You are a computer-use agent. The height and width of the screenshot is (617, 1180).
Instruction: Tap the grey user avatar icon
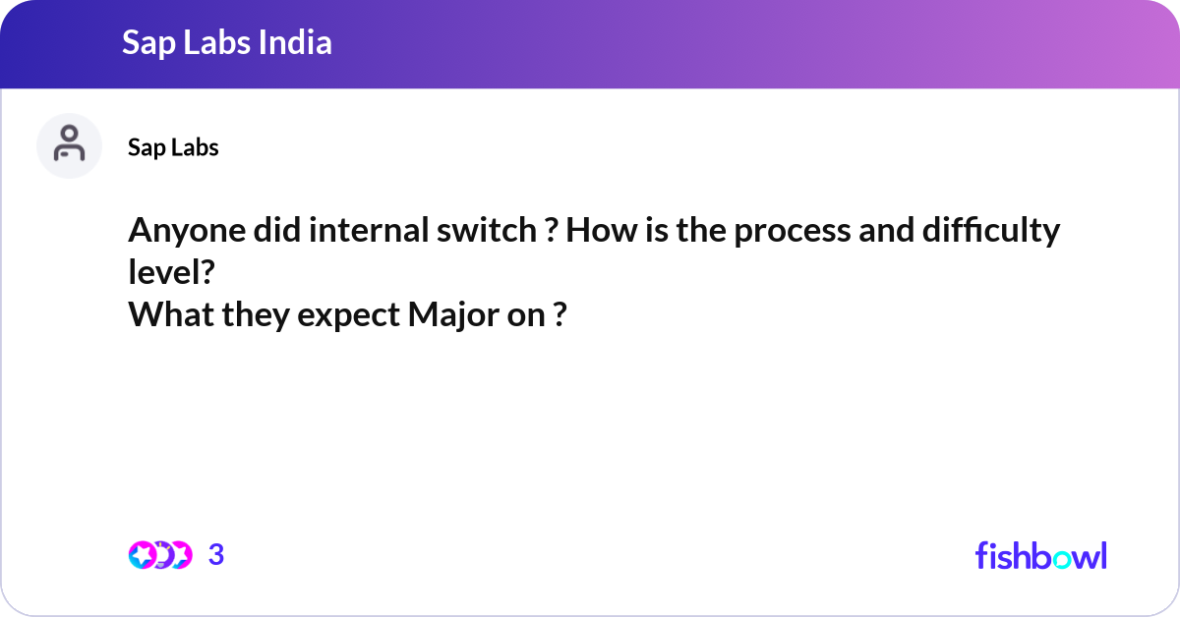click(69, 145)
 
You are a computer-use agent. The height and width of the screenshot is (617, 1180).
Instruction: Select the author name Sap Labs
click(173, 147)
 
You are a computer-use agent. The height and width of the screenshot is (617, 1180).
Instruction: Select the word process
click(781, 232)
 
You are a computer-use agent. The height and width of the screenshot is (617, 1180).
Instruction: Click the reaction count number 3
click(216, 555)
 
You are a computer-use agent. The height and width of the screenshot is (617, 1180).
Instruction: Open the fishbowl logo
click(1040, 555)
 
